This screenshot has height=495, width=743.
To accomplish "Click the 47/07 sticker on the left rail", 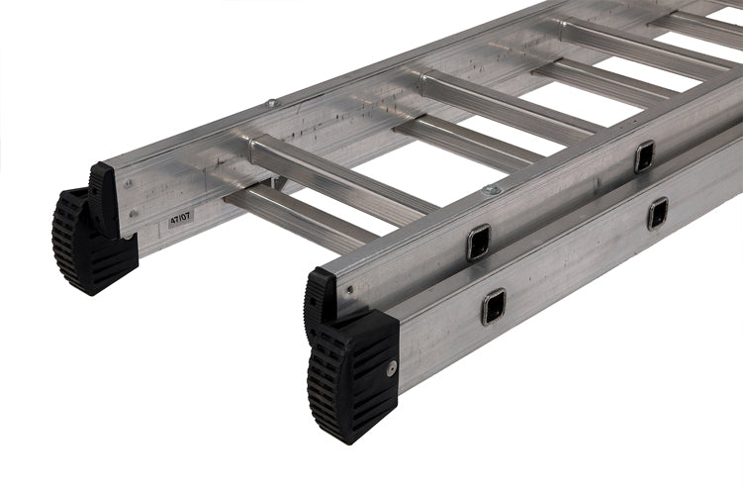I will click(180, 219).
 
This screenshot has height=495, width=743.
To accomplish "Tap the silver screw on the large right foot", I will click(392, 368).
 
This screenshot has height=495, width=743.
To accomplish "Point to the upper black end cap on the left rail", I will click(104, 199).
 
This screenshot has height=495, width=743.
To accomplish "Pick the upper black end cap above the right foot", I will click(320, 297).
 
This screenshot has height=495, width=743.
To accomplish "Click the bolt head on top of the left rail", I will click(272, 103).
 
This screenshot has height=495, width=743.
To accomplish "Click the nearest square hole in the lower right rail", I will click(494, 307).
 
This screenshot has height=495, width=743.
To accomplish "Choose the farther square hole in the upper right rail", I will click(644, 155).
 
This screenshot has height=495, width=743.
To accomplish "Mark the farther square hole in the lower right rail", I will click(658, 214).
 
